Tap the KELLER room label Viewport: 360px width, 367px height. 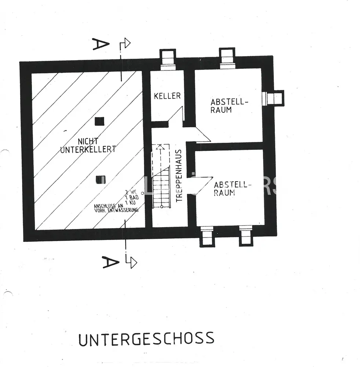pos(167,96)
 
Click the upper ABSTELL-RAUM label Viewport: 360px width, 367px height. pos(227,105)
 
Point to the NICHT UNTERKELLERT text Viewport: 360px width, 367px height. pos(88,145)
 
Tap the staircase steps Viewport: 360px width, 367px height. pos(161,191)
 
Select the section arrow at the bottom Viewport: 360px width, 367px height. pos(131,262)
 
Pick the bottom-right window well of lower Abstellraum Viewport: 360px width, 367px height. pos(247,236)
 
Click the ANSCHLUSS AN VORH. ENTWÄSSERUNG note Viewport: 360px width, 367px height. pos(116,208)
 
